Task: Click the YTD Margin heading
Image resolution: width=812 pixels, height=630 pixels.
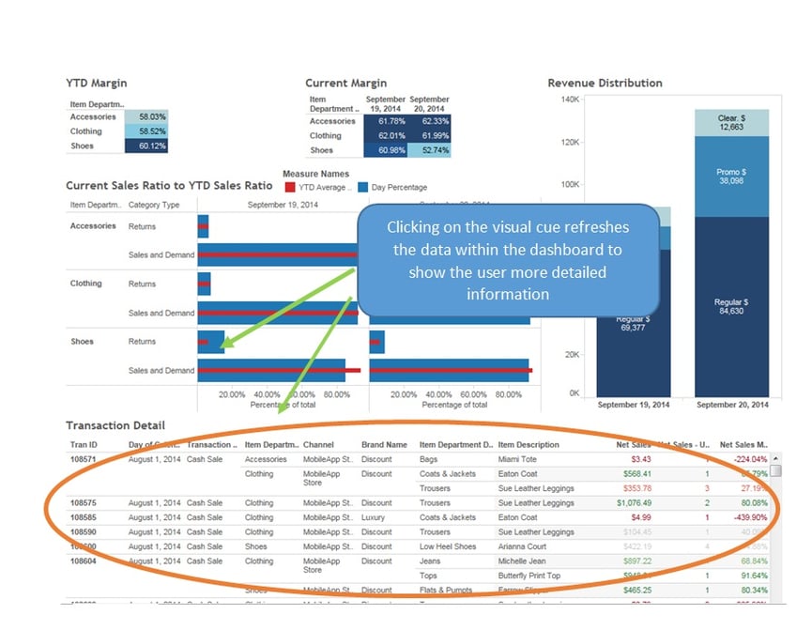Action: click(x=97, y=83)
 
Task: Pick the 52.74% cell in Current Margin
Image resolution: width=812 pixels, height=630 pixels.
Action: click(x=429, y=150)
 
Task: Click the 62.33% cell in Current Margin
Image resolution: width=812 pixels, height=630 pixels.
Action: click(x=429, y=121)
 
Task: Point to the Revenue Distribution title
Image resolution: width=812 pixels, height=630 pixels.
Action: click(x=605, y=83)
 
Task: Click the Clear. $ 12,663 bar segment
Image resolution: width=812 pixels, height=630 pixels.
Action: click(x=731, y=123)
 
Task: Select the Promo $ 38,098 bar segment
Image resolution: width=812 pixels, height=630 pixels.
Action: click(x=731, y=177)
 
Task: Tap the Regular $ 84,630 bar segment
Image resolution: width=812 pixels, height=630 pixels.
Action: click(x=731, y=305)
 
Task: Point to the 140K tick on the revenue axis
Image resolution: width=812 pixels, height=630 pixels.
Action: click(x=570, y=99)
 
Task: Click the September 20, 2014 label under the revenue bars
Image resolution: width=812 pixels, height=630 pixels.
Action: click(x=731, y=404)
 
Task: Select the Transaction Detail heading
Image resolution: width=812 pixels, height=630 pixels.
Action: click(x=115, y=425)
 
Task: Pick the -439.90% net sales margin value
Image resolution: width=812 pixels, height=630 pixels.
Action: click(x=748, y=517)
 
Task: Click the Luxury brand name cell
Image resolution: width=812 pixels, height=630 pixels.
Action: click(x=375, y=517)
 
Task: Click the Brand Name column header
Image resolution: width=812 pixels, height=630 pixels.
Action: click(x=384, y=444)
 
